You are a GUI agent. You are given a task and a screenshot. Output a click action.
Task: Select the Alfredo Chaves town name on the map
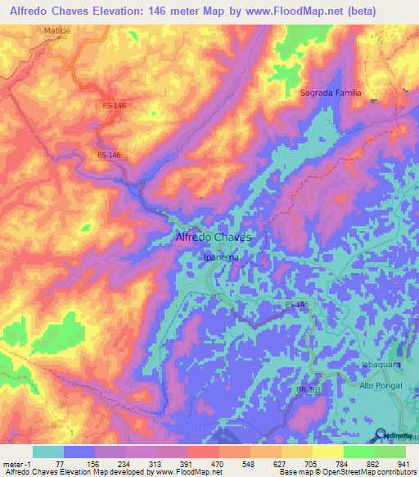point(213,237)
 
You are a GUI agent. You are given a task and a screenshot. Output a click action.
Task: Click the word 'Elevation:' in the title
point(144,11)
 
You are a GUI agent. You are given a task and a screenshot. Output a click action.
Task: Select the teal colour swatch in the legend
point(47,452)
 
